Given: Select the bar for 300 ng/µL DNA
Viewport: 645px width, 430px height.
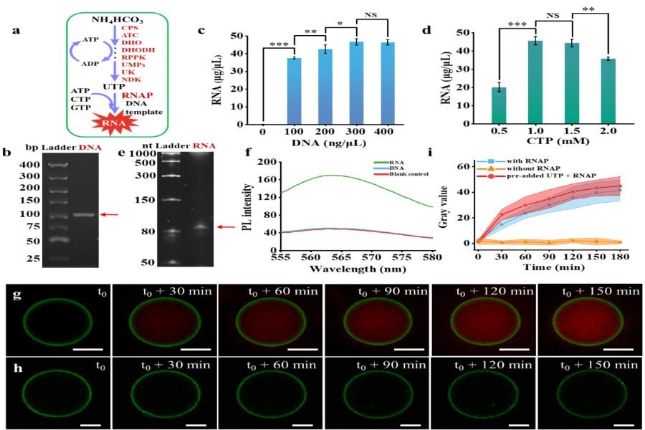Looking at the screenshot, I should [x=335, y=82].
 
